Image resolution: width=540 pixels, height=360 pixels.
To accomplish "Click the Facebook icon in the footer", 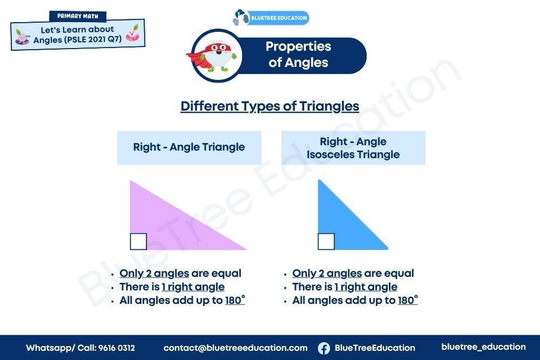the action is pos(323,348).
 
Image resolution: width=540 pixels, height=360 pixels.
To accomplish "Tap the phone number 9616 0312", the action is pos(117,348).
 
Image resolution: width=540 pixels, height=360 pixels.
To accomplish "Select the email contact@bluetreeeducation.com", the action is pos(235,348).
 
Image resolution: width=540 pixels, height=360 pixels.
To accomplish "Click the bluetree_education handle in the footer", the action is pos(483,347).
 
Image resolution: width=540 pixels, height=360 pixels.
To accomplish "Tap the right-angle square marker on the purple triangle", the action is pos(138,242).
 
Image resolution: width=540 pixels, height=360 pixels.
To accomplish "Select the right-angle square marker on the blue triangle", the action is pos(326,242).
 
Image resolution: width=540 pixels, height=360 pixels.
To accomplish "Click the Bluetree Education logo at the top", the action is pos(271,18).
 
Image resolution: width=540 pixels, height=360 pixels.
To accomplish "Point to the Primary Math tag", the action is pos(78,16).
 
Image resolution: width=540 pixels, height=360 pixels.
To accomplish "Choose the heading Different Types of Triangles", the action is pos(270,106).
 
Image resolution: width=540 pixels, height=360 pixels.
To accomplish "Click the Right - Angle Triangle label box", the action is pos(189,147).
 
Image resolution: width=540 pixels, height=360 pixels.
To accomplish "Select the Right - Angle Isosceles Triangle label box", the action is pos(353,148).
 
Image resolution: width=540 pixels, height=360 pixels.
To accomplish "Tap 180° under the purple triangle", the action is pos(235,300).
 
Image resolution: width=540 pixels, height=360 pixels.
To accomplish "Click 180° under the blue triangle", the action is pos(408,300).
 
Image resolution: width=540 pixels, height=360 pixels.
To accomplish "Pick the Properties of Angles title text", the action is pos(298,55).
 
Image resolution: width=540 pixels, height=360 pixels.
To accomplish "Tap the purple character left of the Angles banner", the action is pos(22,37).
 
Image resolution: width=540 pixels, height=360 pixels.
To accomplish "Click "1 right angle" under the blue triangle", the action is pos(366,287).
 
